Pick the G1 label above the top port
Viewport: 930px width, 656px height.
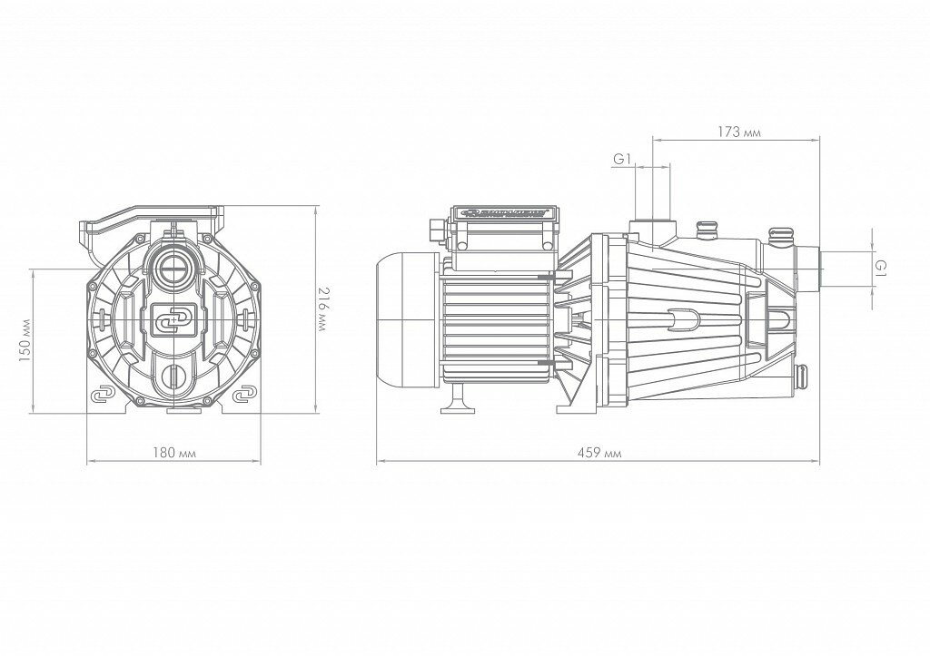pyautogui.click(x=621, y=159)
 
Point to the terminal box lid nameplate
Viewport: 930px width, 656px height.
pyautogui.click(x=504, y=215)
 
